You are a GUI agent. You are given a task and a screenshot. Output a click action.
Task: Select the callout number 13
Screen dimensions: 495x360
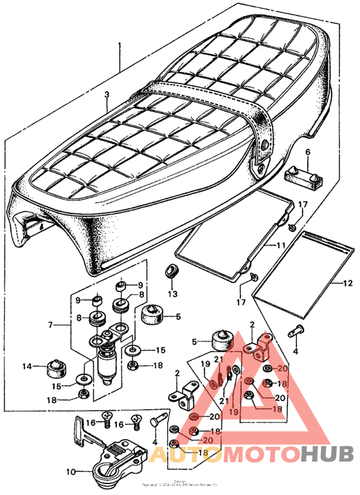pyautogui.click(x=171, y=294)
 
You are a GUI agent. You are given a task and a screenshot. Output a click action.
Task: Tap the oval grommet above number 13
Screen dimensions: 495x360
pyautogui.click(x=172, y=270)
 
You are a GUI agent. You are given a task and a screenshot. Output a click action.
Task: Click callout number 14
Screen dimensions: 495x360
pyautogui.click(x=27, y=366)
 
